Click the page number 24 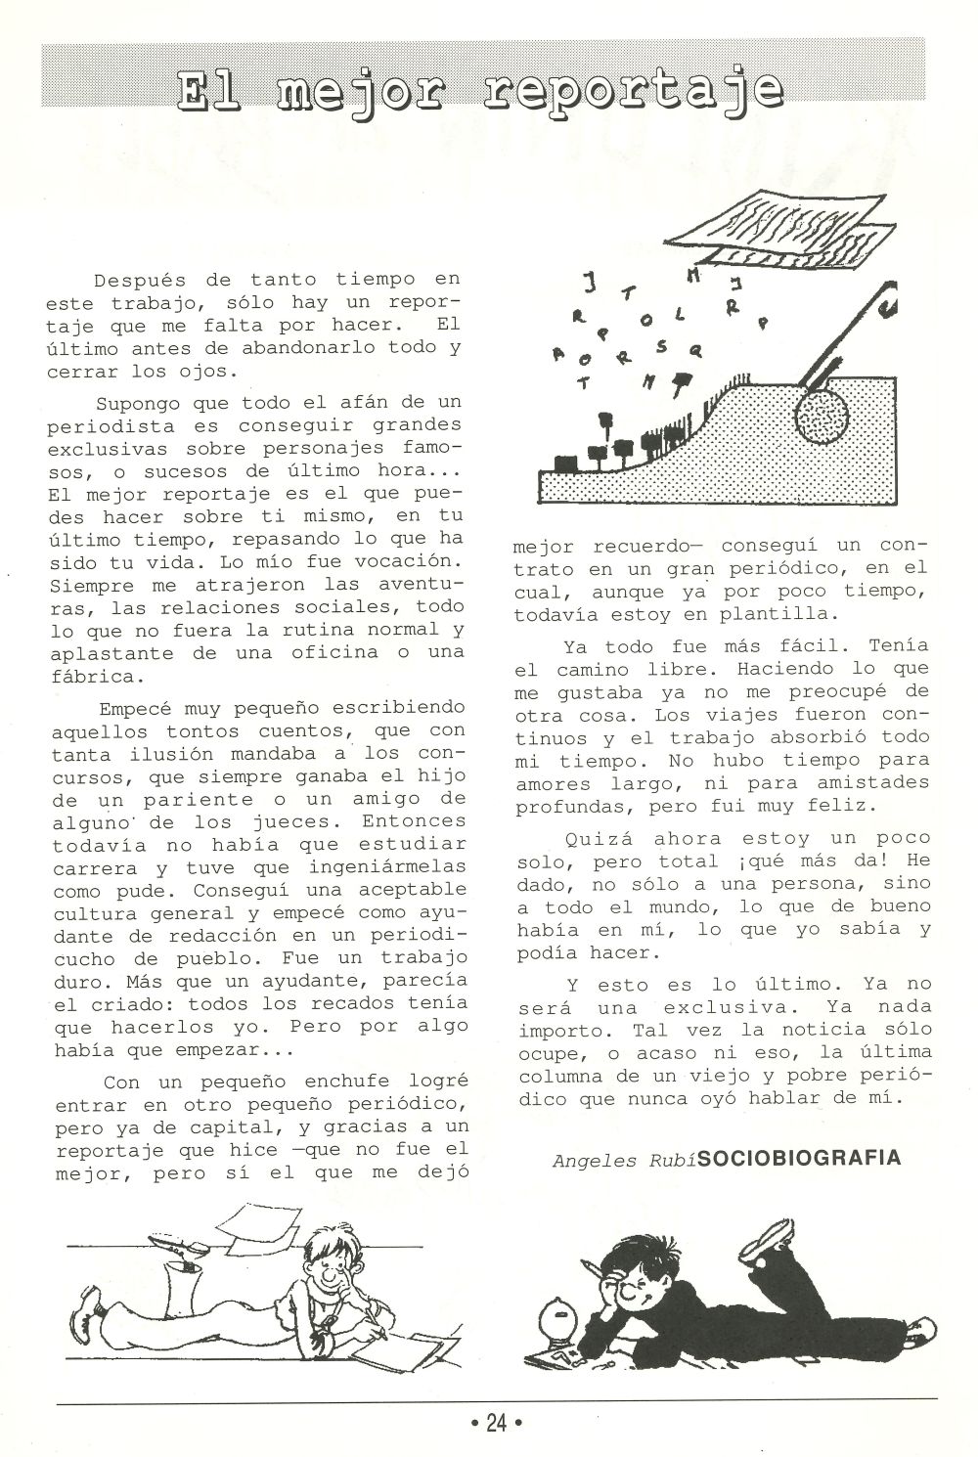point(496,1423)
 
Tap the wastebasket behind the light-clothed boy point(184,1287)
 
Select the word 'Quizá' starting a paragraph point(599,838)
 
